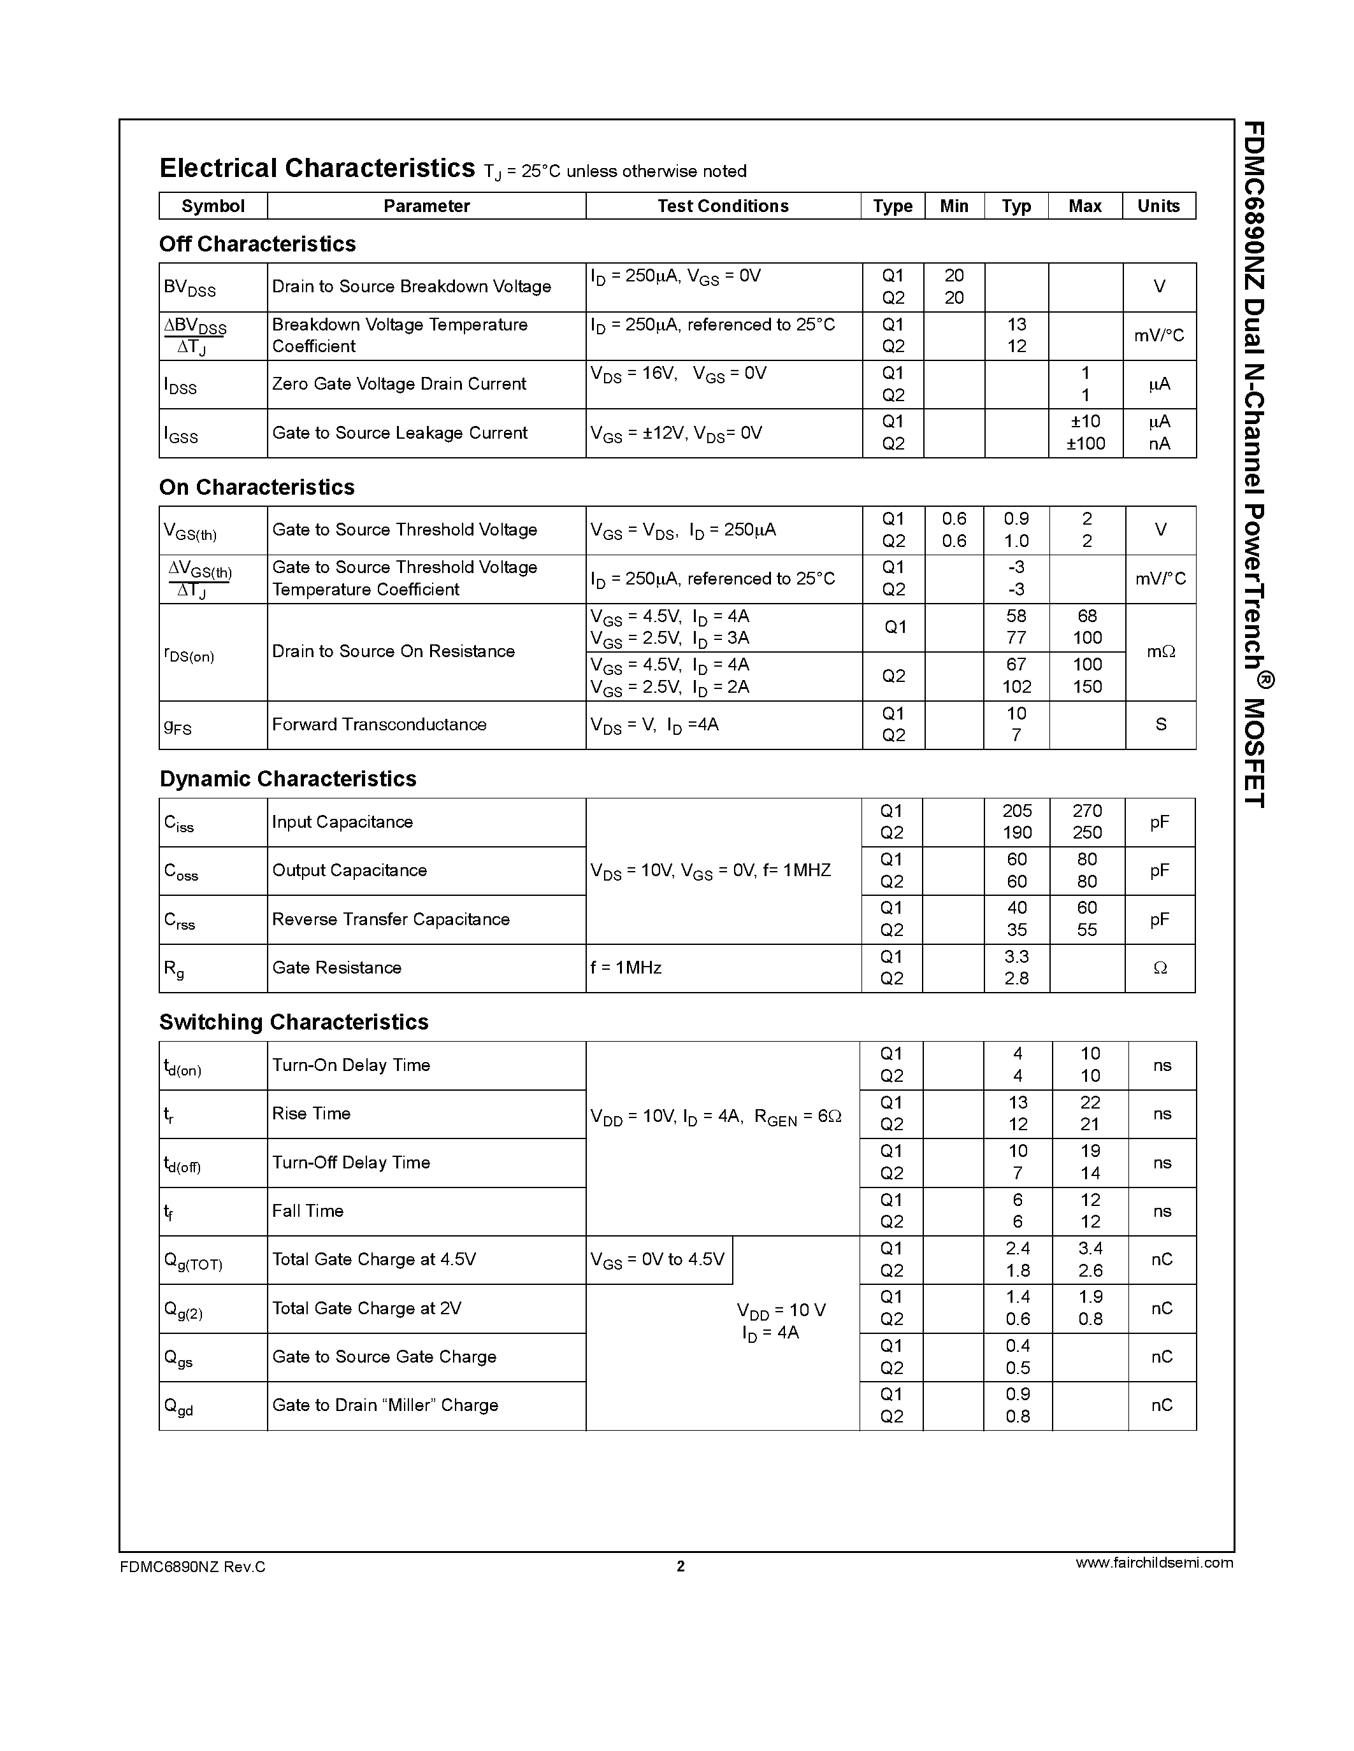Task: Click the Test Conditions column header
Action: [723, 206]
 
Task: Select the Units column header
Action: [1158, 206]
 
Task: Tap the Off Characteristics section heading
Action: [257, 244]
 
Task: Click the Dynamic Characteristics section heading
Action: [287, 779]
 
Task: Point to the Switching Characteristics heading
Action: [294, 1021]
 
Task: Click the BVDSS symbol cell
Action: [190, 288]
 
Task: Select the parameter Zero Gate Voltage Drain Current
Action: [399, 384]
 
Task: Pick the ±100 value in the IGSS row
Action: [1085, 443]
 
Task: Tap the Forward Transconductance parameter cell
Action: [378, 725]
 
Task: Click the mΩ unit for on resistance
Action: [1160, 652]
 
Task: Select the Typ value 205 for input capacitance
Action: [1017, 811]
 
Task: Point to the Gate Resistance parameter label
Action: [336, 968]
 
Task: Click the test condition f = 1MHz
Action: [626, 968]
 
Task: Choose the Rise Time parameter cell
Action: [311, 1114]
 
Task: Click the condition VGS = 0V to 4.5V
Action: [657, 1259]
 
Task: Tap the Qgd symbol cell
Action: [179, 1407]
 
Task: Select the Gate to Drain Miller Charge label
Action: [385, 1405]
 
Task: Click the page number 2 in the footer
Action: [681, 1566]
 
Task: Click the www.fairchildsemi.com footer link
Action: [1153, 1562]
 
